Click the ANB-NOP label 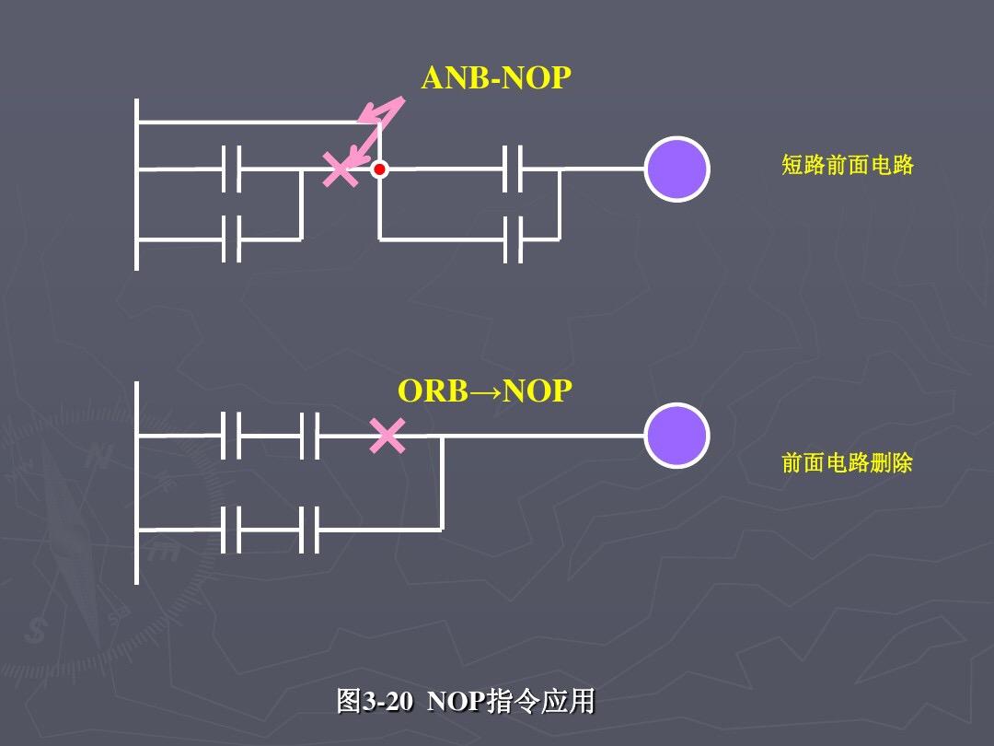click(x=496, y=79)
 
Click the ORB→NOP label click(x=484, y=391)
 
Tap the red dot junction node click(x=379, y=169)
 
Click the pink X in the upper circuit click(x=341, y=169)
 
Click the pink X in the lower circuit click(x=387, y=436)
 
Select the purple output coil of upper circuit click(x=676, y=169)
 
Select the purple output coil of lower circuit click(x=676, y=436)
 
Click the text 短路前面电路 click(x=847, y=166)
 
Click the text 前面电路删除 click(x=847, y=462)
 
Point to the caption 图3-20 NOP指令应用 click(x=466, y=702)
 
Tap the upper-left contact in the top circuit click(x=231, y=169)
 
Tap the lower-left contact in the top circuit click(x=231, y=239)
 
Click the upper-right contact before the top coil click(x=513, y=169)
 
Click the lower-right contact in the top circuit click(x=513, y=239)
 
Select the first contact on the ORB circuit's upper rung click(x=231, y=436)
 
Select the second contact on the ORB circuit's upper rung click(x=309, y=436)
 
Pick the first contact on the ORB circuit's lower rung click(x=231, y=530)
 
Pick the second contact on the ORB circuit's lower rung click(x=309, y=530)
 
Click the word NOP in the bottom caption click(x=456, y=702)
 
